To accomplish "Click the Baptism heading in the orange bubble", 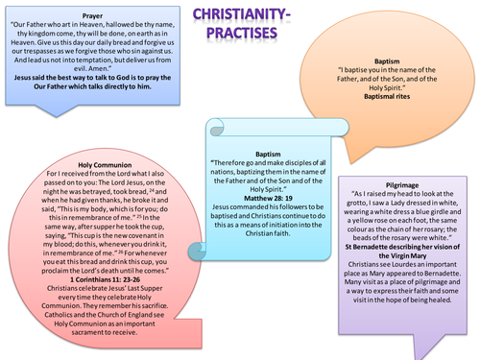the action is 382,59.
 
